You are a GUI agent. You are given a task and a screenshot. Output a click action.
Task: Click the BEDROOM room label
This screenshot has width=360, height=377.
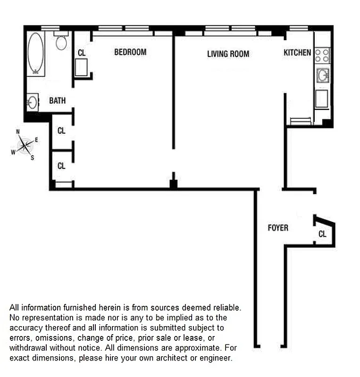click(130, 52)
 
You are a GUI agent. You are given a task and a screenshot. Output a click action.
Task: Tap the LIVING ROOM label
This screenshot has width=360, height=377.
click(228, 54)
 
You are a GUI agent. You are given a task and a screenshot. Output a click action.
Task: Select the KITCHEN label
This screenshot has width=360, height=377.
click(297, 53)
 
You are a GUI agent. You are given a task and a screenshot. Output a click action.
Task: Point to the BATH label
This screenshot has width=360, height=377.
click(58, 101)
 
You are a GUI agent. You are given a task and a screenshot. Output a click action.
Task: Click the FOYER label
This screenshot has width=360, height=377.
click(278, 228)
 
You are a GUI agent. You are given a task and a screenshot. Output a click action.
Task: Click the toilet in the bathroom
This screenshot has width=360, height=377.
click(61, 42)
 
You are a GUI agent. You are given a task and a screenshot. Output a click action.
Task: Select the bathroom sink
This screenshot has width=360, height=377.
click(33, 102)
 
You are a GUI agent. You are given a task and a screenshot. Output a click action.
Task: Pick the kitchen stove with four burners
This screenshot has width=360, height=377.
click(322, 55)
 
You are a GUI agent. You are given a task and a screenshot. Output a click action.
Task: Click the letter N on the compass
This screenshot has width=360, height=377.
click(18, 132)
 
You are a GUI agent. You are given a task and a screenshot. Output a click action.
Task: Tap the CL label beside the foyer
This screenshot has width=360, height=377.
click(322, 234)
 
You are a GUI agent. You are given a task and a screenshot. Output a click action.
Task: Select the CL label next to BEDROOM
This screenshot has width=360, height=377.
click(82, 53)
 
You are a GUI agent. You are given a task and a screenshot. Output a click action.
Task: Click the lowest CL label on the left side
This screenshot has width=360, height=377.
click(61, 166)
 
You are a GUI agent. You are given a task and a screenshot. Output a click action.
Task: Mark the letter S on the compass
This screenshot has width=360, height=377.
click(33, 158)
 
